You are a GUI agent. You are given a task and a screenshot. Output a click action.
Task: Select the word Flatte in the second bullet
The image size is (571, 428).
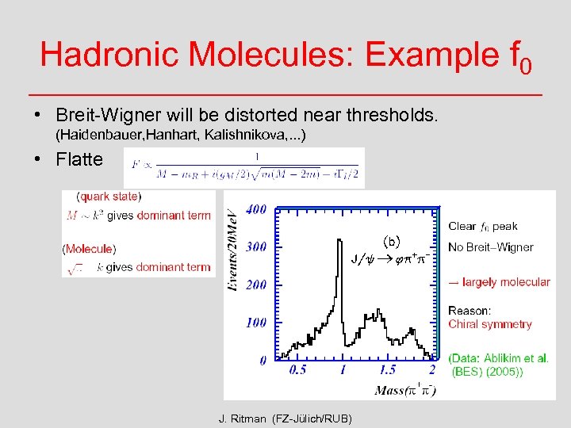tap(79, 159)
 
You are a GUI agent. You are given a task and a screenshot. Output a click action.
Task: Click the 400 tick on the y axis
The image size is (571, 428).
tap(255, 209)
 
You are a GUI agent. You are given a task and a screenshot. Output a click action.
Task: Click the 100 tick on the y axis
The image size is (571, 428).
tap(255, 323)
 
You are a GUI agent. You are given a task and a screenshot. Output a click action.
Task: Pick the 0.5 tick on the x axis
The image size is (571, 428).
tap(298, 370)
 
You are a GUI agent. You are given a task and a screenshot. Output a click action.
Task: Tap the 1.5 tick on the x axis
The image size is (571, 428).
tap(387, 370)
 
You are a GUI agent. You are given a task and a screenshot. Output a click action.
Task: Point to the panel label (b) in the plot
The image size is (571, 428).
tap(392, 240)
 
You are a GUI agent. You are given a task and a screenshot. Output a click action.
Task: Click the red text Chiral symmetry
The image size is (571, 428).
tap(489, 324)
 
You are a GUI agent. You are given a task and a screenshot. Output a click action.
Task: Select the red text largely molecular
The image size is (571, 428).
tap(504, 282)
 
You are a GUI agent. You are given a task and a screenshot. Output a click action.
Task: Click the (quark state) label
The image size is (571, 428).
tap(109, 196)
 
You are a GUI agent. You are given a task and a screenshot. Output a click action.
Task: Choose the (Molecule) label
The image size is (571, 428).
tap(89, 249)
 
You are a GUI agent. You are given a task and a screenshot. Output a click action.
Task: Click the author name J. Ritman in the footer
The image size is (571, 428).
tap(243, 418)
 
